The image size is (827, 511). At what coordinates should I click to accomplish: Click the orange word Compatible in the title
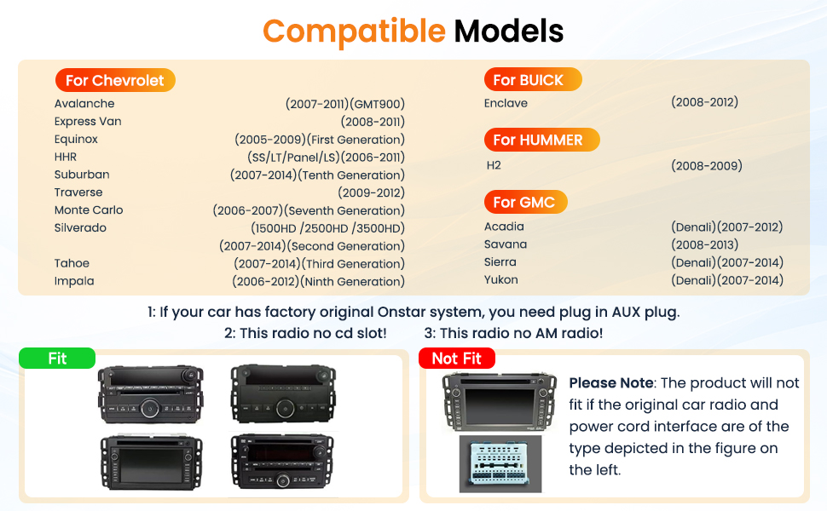pos(354,32)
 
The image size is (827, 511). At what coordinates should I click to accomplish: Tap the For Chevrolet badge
pos(115,80)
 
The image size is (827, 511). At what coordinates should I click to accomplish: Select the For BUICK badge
pos(533,79)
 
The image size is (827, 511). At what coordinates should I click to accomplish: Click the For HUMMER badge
pos(541,140)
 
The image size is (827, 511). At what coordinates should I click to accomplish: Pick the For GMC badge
pos(525,202)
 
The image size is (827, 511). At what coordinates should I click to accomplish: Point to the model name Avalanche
pos(84,103)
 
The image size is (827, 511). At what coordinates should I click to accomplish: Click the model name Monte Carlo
pos(89,210)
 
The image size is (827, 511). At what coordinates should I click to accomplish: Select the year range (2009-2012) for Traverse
pos(372,192)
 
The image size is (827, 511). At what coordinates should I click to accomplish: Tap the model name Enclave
pos(506,103)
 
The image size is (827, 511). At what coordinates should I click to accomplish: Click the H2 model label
pos(494,165)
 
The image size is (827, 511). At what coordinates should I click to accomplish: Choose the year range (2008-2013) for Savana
pos(704,244)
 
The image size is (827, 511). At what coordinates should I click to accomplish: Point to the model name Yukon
pos(501,279)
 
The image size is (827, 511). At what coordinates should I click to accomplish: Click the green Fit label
pos(57,359)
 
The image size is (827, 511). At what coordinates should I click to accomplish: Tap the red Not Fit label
pos(457,359)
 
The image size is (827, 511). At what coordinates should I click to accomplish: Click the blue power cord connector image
pos(500,463)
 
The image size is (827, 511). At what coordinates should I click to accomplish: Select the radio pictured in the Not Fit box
pos(499,402)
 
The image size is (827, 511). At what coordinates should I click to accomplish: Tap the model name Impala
pos(74,281)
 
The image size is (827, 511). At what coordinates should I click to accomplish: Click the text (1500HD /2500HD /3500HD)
pos(327,228)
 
